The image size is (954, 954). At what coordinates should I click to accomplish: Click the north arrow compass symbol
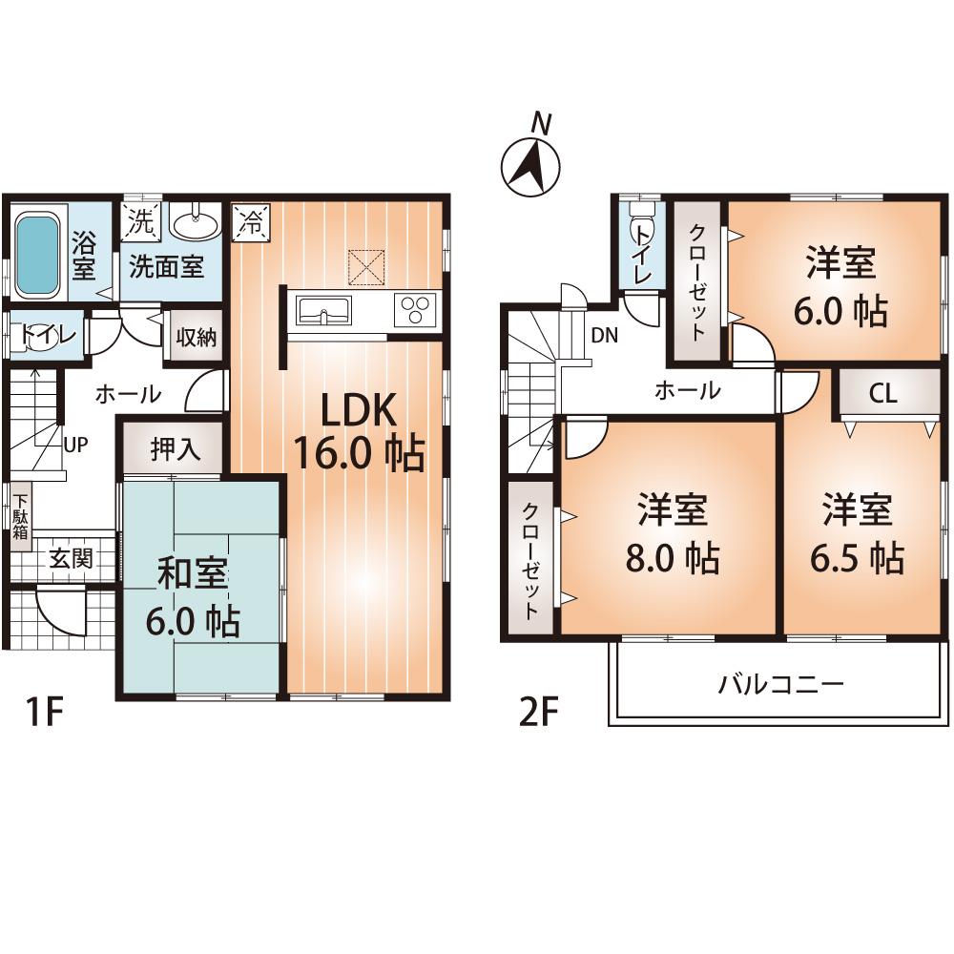[531, 164]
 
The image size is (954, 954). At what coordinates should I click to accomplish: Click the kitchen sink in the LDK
[323, 310]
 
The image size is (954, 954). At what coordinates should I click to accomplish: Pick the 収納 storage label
[196, 337]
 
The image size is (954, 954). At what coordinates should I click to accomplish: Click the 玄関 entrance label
[72, 559]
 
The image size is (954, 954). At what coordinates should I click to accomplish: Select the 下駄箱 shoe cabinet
[20, 515]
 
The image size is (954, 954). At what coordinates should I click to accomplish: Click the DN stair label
[604, 335]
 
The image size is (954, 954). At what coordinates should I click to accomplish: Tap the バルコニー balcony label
[780, 684]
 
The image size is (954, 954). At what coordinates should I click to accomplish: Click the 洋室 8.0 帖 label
[672, 534]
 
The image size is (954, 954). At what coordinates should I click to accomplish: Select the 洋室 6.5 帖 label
[857, 534]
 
